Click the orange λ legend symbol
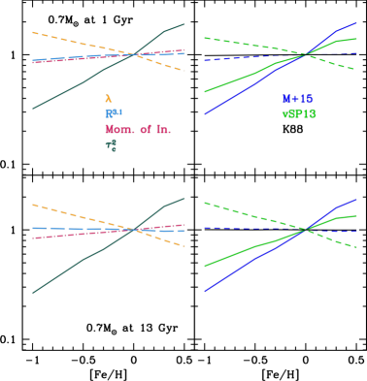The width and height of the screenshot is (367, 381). tap(108, 99)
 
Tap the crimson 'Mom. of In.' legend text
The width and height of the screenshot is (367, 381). tap(138, 130)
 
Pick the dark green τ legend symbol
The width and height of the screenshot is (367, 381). tap(111, 145)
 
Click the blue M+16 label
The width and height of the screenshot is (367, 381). tap(297, 99)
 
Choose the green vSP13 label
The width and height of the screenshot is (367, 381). tap(299, 114)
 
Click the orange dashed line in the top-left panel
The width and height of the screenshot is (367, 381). tap(68, 40)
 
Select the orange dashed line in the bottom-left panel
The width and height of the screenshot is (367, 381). tap(68, 213)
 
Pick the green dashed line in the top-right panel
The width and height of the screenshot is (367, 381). tap(243, 44)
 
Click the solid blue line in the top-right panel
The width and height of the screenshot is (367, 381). tap(243, 91)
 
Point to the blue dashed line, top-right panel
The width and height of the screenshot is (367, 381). tap(233, 58)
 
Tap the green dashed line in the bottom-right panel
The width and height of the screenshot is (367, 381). tap(243, 212)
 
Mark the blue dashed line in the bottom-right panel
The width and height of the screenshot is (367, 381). tap(233, 229)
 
